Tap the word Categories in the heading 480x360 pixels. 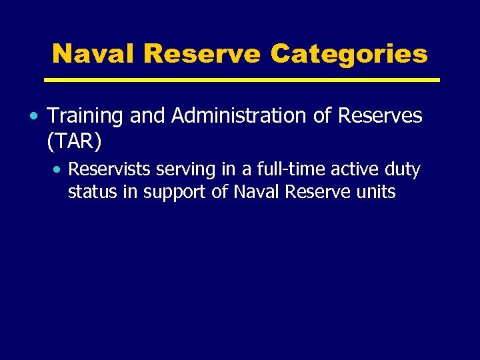[349, 53]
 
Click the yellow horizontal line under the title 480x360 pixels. [241, 80]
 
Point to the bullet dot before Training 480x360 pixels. [33, 117]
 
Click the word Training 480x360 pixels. [85, 116]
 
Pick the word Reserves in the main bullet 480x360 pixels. [380, 116]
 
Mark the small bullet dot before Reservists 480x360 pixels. [58, 171]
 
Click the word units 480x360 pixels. [377, 193]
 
